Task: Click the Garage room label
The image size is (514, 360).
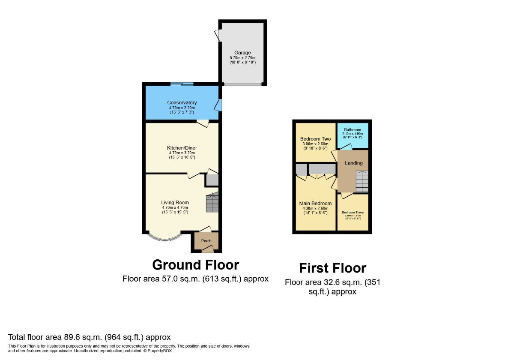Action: (242, 53)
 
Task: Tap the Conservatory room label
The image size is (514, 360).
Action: (182, 103)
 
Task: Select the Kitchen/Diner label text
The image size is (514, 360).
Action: (182, 148)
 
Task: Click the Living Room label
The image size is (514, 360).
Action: (175, 203)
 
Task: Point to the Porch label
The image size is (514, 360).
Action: (206, 241)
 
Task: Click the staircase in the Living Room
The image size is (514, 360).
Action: (212, 203)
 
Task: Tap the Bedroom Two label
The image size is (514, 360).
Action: (315, 139)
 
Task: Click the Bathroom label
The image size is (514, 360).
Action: (352, 129)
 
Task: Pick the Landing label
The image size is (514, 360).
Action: (354, 163)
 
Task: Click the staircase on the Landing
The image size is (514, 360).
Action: (362, 181)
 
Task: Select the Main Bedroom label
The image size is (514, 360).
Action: (315, 203)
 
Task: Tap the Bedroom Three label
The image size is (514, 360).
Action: (353, 212)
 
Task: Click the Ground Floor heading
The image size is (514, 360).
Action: (195, 265)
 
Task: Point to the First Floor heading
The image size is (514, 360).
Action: (332, 268)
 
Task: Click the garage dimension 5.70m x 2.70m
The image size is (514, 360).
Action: (242, 58)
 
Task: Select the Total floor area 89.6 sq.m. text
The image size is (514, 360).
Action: (90, 337)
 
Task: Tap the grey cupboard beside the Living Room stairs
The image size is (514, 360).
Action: (212, 180)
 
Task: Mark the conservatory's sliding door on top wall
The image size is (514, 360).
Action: (182, 84)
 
